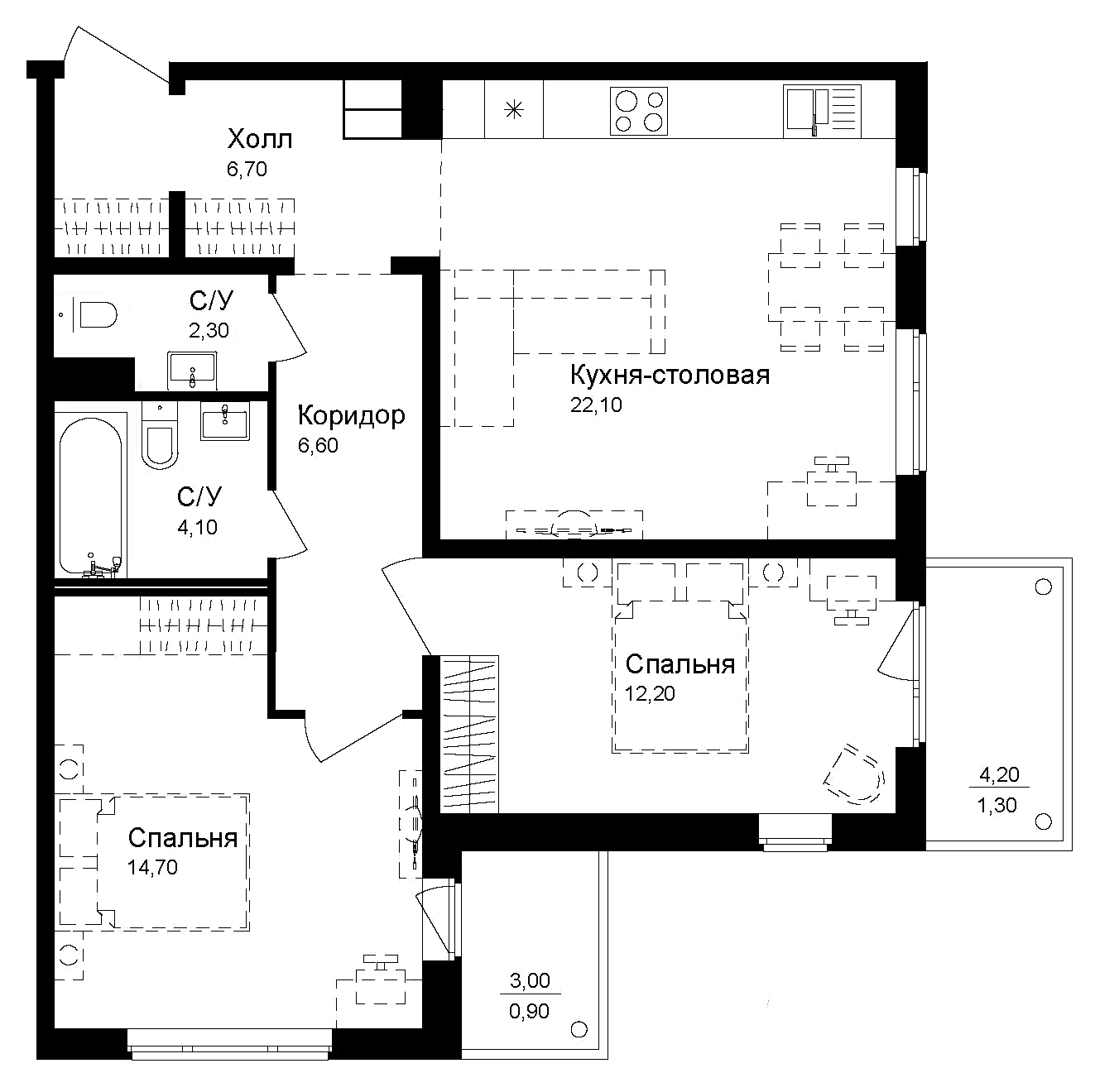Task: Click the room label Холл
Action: (x=260, y=139)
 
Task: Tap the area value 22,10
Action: (x=596, y=405)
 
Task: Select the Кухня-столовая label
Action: (x=670, y=375)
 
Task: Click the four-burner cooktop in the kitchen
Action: (x=639, y=111)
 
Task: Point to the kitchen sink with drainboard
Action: (x=822, y=111)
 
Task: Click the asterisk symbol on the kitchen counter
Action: (x=514, y=110)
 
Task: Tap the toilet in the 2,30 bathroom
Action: (x=94, y=314)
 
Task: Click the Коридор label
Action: (x=351, y=416)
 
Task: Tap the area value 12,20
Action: (x=650, y=693)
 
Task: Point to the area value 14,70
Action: (x=152, y=867)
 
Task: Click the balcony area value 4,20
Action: (x=999, y=773)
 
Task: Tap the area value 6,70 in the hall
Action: (x=247, y=169)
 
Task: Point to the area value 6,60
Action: (x=318, y=445)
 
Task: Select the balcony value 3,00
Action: (x=530, y=980)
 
